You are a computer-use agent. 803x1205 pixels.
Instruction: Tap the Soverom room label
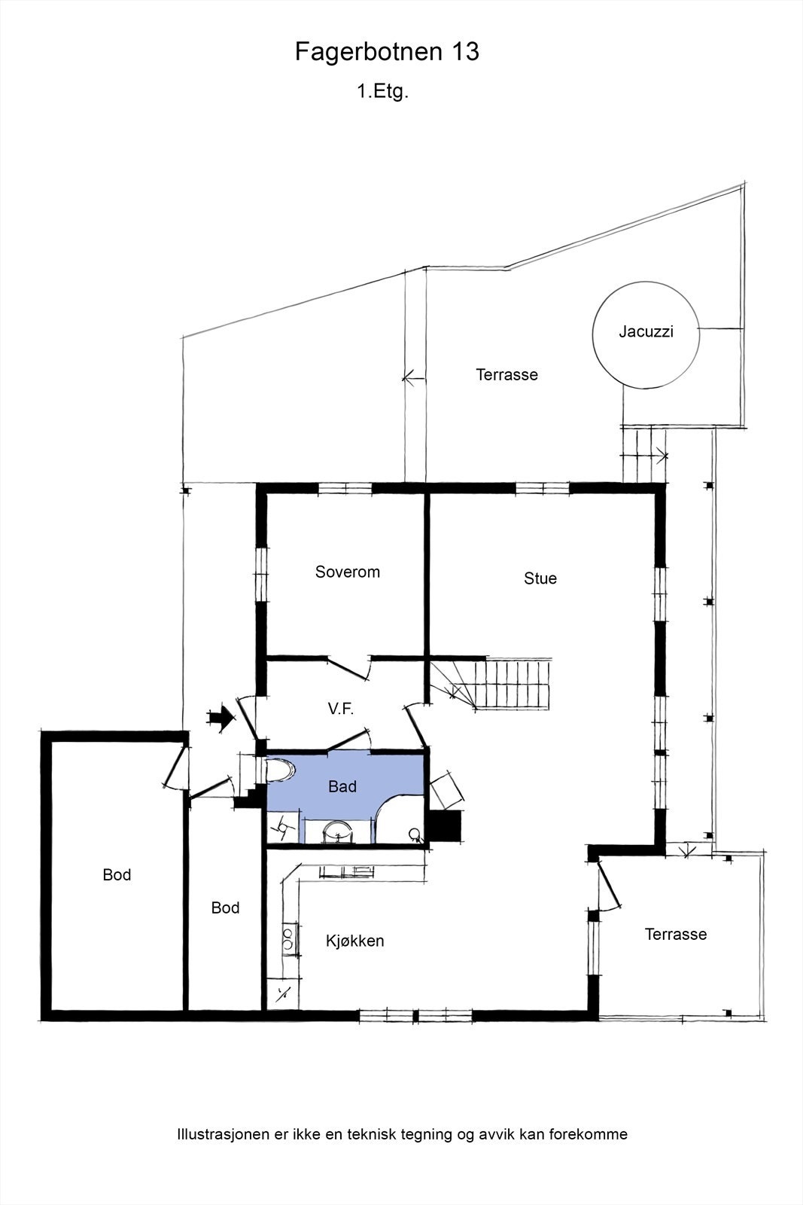pyautogui.click(x=347, y=572)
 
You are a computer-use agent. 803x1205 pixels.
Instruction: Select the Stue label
pyautogui.click(x=540, y=578)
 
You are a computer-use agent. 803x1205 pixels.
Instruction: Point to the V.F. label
pyautogui.click(x=341, y=709)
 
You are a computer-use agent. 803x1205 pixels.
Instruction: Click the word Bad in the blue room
pyautogui.click(x=342, y=786)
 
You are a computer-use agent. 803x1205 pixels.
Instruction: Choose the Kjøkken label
pyautogui.click(x=354, y=941)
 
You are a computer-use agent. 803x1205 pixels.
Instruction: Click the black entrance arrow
pyautogui.click(x=221, y=717)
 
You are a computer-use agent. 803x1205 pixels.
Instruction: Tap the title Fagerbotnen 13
pyautogui.click(x=387, y=52)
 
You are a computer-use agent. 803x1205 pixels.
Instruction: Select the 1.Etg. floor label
pyautogui.click(x=383, y=91)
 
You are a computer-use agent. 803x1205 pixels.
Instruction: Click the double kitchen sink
pyautogui.click(x=289, y=938)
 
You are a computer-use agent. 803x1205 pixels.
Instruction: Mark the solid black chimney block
pyautogui.click(x=444, y=825)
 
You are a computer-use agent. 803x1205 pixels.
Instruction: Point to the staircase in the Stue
pyautogui.click(x=491, y=685)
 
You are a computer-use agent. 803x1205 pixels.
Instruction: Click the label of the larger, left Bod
pyautogui.click(x=117, y=874)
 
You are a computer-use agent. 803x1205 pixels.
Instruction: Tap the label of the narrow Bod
pyautogui.click(x=225, y=908)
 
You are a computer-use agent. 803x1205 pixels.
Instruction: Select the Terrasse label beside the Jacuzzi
pyautogui.click(x=506, y=374)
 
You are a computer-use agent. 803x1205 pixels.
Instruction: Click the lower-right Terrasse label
pyautogui.click(x=676, y=934)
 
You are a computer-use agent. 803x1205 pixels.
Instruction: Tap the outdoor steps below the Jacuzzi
pyautogui.click(x=643, y=453)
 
